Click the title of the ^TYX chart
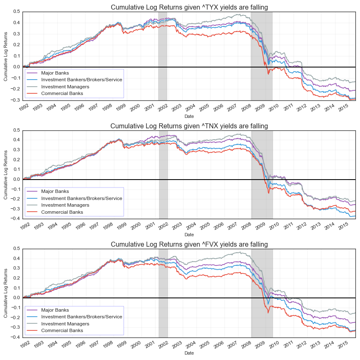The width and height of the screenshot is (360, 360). coord(189,7)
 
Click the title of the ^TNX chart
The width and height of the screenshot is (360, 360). coord(189,126)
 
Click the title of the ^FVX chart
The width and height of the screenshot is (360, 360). coord(189,244)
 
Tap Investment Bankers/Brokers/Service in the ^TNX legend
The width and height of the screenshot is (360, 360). coord(82,198)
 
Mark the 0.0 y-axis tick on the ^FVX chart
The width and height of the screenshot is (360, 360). coord(15,298)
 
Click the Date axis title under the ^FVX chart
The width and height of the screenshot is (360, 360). coord(189,353)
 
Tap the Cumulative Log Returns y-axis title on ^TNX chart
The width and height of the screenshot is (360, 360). coord(6,175)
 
